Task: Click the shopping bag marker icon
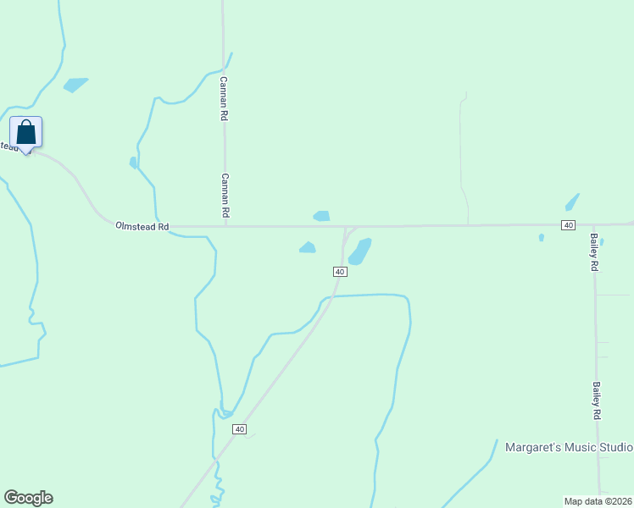26,132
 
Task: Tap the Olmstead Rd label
142,227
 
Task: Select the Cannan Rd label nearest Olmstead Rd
225,196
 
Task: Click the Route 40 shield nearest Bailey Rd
568,224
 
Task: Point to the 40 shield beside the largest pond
339,271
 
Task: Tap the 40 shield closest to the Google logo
240,430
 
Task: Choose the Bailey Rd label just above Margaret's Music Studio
597,400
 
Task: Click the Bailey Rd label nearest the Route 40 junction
595,251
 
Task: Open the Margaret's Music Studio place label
569,447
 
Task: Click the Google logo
28,498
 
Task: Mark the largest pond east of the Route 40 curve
360,251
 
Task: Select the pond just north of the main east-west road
321,216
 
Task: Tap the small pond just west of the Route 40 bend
307,247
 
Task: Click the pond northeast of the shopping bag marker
75,85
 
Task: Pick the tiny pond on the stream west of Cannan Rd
133,162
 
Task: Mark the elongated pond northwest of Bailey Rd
572,202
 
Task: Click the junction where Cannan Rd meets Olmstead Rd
225,226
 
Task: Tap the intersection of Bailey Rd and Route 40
594,224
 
